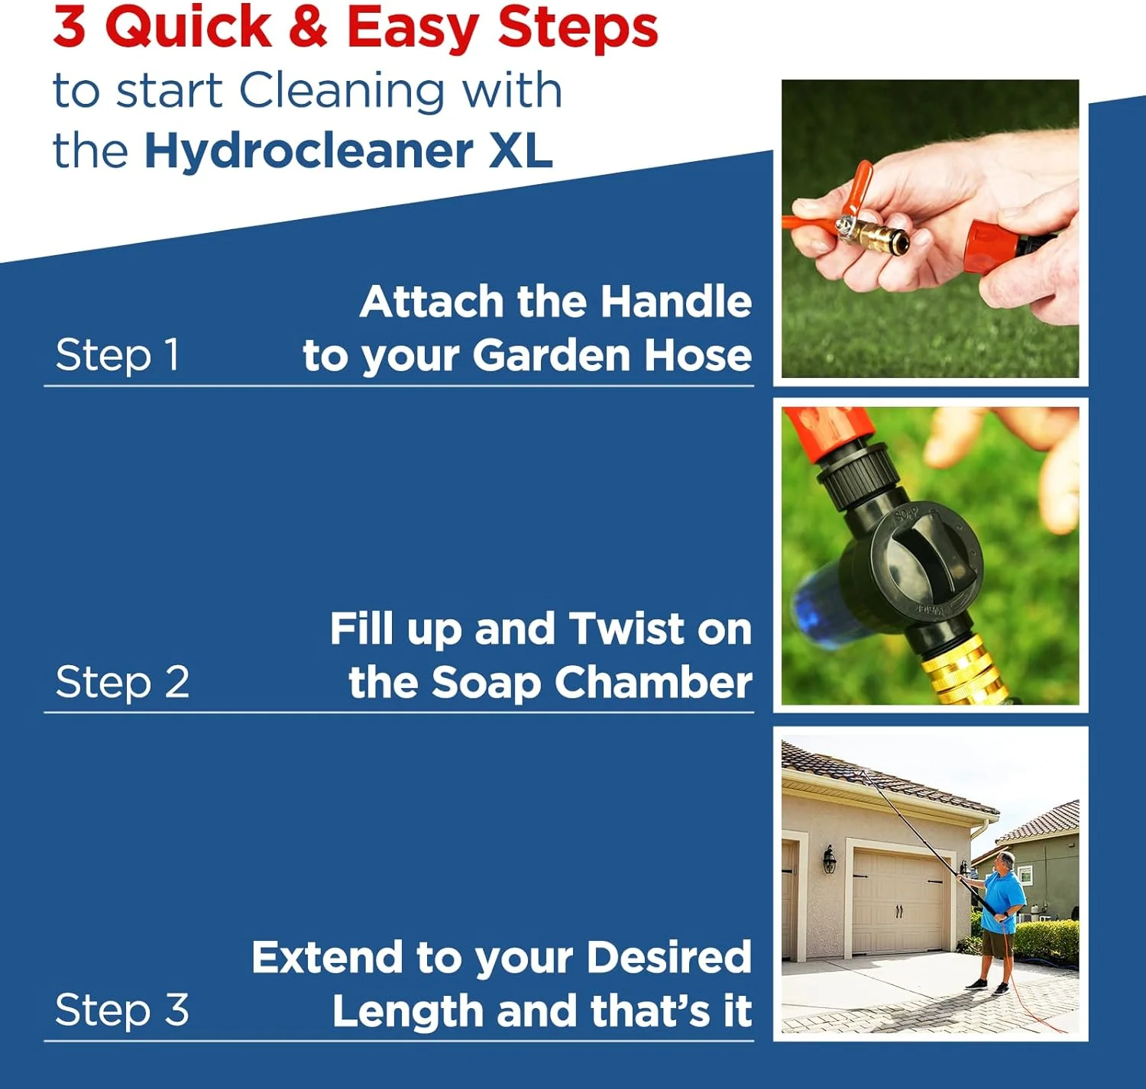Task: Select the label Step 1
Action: (x=117, y=355)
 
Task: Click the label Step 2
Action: (x=122, y=682)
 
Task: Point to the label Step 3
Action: (x=122, y=1010)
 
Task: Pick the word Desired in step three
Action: (x=669, y=958)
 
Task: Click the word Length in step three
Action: (x=407, y=1011)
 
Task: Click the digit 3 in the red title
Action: (x=70, y=27)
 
